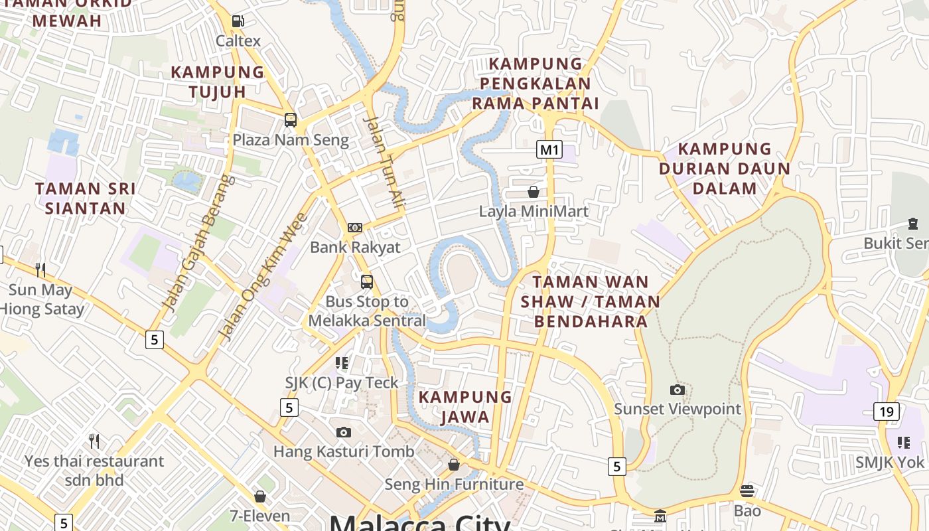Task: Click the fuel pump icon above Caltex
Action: click(238, 21)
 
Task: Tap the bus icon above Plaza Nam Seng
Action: click(290, 120)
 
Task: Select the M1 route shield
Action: click(549, 149)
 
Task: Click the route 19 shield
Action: click(887, 412)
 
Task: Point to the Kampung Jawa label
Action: click(465, 407)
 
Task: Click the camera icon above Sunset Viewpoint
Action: click(677, 390)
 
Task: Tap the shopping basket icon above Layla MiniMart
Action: click(533, 192)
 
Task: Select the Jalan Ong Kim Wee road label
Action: click(263, 276)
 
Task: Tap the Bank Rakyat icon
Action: click(355, 228)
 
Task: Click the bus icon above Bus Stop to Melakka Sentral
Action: click(366, 282)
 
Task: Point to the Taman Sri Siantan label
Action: click(85, 198)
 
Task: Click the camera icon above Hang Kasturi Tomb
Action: click(343, 433)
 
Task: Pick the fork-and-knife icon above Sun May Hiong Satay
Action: click(40, 269)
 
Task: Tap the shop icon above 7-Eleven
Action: click(260, 496)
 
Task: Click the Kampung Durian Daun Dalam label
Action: click(725, 168)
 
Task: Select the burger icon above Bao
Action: click(747, 491)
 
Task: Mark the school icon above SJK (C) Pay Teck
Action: click(342, 363)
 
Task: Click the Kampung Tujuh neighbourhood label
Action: click(218, 82)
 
